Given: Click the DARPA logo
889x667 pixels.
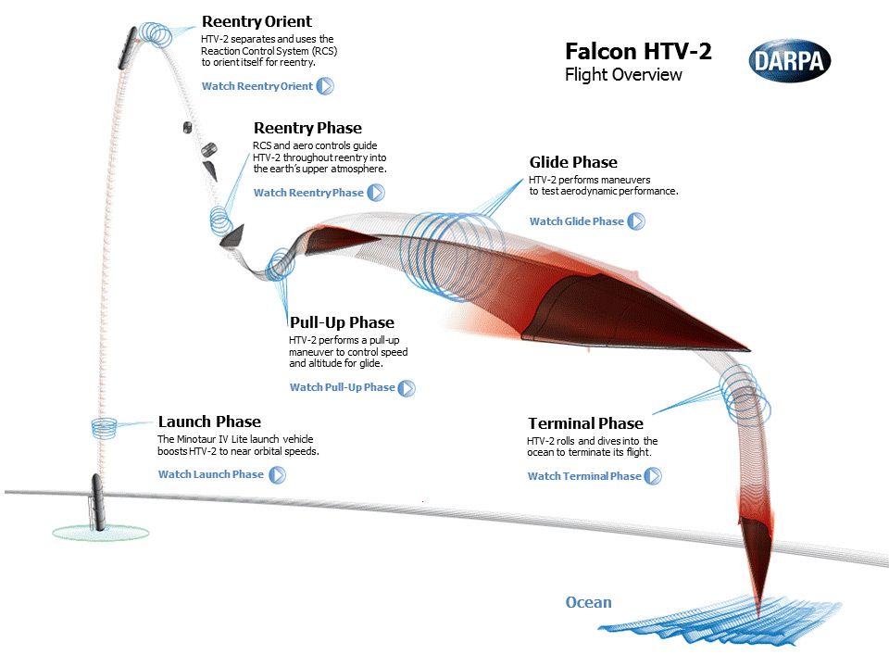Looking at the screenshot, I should pyautogui.click(x=789, y=60).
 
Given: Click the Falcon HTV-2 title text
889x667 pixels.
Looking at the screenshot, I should pyautogui.click(x=638, y=51).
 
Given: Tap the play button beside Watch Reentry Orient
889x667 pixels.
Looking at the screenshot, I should pyautogui.click(x=325, y=86).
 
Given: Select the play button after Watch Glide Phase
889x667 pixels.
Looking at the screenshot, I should pyautogui.click(x=636, y=221).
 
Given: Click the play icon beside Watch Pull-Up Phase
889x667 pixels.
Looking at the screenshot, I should pyautogui.click(x=407, y=387).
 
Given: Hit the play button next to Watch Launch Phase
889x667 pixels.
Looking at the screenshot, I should pyautogui.click(x=277, y=474).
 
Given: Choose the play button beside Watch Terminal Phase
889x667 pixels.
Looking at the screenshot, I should pyautogui.click(x=654, y=476).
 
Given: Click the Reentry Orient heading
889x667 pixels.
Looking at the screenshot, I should pyautogui.click(x=257, y=21).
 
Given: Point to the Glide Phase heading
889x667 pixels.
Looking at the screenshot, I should pyautogui.click(x=573, y=162).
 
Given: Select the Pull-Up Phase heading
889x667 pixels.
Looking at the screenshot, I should pyautogui.click(x=342, y=322).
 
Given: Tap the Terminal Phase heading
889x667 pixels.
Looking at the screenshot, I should pyautogui.click(x=585, y=423).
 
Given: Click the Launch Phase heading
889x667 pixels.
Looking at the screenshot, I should pyautogui.click(x=209, y=422).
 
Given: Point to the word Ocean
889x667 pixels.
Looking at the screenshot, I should pyautogui.click(x=589, y=602).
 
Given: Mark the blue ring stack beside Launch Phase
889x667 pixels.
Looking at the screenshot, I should pyautogui.click(x=104, y=427).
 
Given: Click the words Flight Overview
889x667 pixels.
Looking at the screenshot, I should pyautogui.click(x=623, y=75).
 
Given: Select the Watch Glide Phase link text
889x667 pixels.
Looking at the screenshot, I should pyautogui.click(x=576, y=221).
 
